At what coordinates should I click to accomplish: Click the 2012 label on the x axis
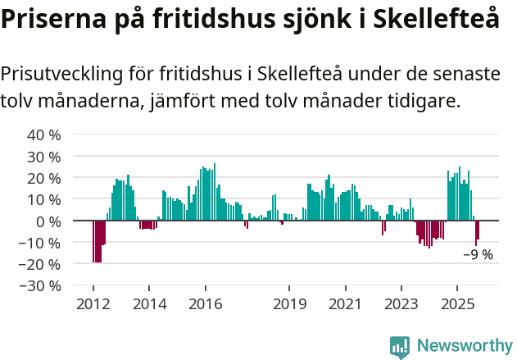93,304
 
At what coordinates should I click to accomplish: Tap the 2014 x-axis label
149,304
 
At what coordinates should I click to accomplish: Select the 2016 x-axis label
205,304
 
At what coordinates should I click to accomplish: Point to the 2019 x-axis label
289,304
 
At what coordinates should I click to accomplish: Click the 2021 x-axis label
345,304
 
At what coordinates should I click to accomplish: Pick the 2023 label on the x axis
401,304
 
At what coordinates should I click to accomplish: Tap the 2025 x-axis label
456,304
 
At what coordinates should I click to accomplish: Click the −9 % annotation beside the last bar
478,255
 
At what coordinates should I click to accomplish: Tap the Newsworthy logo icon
400,346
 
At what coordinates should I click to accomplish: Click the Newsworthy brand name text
464,346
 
